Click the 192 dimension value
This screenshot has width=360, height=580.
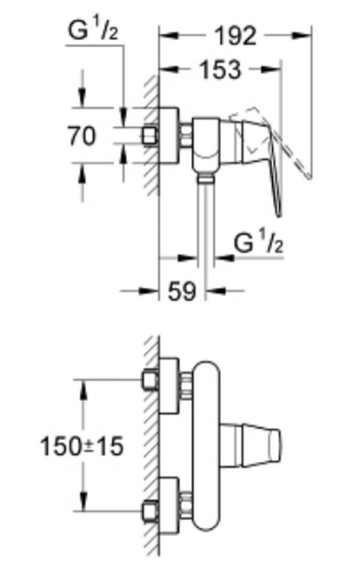pyautogui.click(x=235, y=36)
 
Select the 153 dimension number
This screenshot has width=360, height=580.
pyautogui.click(x=220, y=70)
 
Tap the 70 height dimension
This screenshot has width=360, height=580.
pyautogui.click(x=82, y=135)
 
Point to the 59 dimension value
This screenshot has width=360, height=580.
pyautogui.click(x=182, y=291)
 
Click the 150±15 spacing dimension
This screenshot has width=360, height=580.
pyautogui.click(x=82, y=446)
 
